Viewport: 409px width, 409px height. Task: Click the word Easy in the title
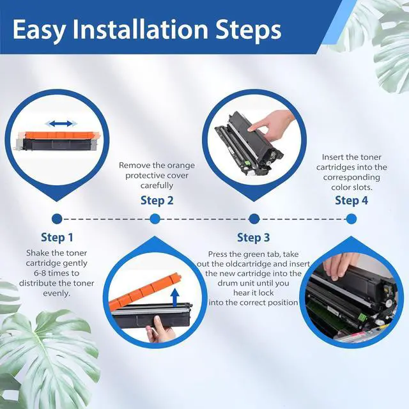coord(38,30)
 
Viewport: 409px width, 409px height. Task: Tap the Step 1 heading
coord(57,237)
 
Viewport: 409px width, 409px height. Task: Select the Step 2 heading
coord(157,200)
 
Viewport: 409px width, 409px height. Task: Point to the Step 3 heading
coord(253,237)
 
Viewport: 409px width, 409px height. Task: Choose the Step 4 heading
coord(351,200)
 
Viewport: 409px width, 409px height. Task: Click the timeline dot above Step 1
coord(57,219)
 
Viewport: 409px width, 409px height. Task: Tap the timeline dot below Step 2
coord(155,219)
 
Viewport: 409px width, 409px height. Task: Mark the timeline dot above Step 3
coord(254,219)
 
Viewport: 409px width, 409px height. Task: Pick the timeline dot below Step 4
coord(351,219)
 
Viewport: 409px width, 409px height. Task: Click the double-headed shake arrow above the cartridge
coord(61,123)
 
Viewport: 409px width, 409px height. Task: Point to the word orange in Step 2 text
coord(181,166)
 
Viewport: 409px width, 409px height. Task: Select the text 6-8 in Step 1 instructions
coord(40,273)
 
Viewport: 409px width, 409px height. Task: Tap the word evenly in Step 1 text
coord(57,293)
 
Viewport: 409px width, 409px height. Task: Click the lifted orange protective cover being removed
coord(145,290)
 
